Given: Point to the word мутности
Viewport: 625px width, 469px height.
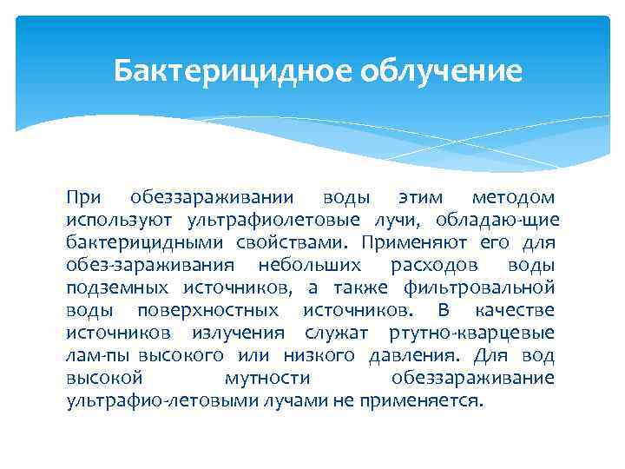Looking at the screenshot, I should click(x=266, y=379).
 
